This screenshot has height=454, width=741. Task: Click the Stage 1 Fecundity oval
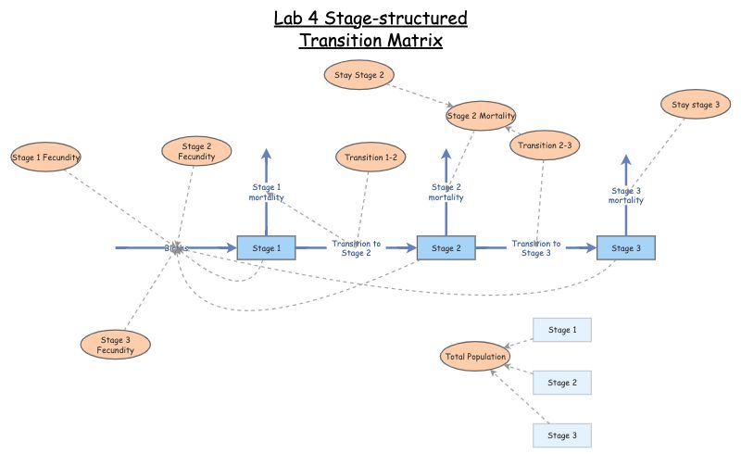coord(46,158)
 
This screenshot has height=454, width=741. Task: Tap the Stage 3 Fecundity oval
coord(116,345)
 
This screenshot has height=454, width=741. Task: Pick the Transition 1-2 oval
coord(370,158)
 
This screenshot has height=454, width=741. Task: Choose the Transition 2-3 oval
coord(545,145)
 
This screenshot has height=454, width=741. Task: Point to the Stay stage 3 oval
coord(696,105)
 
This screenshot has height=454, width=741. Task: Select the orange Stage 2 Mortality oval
coord(481,116)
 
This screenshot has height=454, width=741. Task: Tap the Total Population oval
coord(473,357)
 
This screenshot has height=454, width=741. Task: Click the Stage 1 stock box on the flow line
coord(266,248)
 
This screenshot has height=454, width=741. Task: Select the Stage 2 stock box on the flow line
coord(446,248)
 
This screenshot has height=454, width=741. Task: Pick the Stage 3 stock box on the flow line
coord(625,248)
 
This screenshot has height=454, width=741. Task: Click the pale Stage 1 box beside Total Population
coord(561,330)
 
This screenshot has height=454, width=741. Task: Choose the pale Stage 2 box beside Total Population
coord(561,383)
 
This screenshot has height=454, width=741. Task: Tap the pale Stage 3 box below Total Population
coord(561,435)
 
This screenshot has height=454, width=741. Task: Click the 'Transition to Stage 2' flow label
coord(356,248)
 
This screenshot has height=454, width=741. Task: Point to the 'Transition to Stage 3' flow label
coord(536,248)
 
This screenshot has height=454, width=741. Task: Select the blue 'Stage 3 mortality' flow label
coord(625,195)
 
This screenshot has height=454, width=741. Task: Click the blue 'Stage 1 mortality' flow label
coord(266,192)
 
